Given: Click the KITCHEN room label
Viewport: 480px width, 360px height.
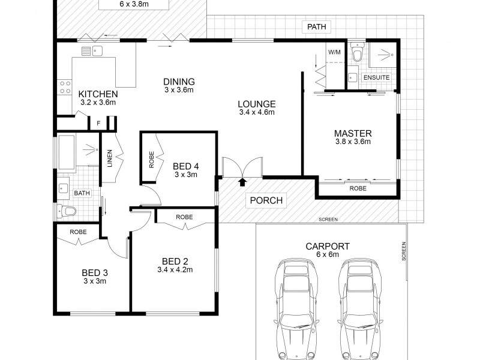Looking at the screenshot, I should pos(98,94).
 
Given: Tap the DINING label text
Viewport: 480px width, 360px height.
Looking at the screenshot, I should pos(179,82).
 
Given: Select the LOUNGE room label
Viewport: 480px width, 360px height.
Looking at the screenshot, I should pos(256,103).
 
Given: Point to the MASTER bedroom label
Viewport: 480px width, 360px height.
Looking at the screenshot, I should pos(353,133).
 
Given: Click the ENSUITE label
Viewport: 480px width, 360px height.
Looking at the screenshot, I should pos(376,78).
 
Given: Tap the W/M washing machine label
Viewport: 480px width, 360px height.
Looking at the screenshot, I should pos(334,52).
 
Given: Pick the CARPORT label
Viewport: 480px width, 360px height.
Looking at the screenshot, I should pos(328,246).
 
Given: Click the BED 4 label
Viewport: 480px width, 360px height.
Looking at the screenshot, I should pos(185,166).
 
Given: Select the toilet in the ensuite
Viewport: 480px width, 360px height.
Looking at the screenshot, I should pos(358,54).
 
